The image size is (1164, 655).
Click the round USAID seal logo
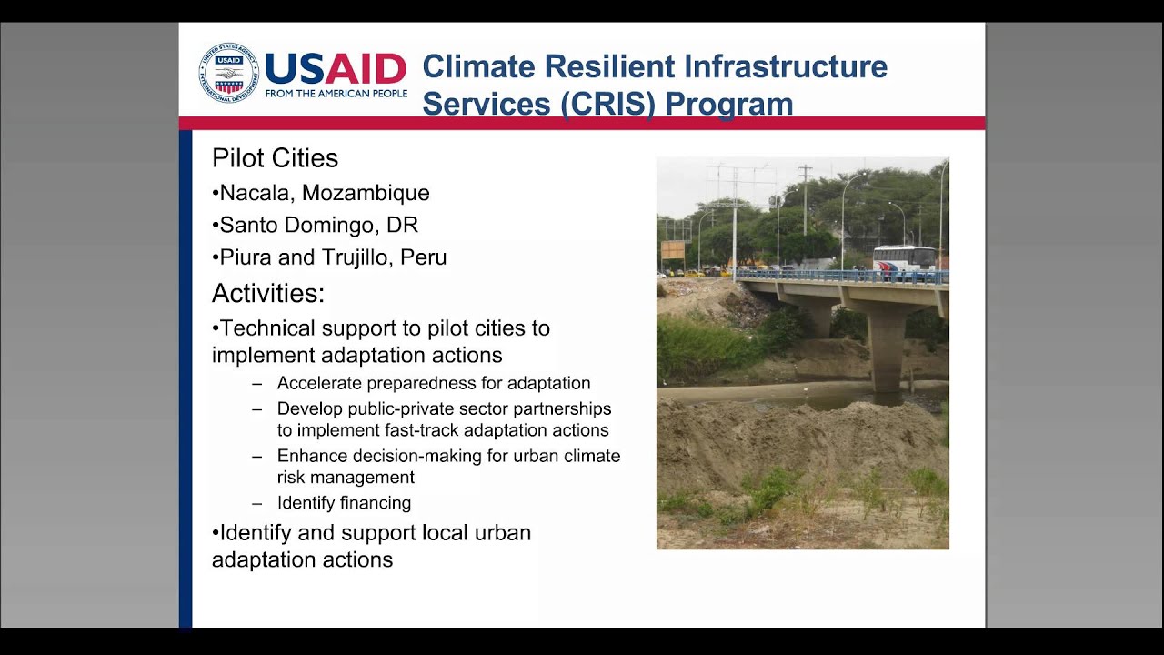(x=229, y=73)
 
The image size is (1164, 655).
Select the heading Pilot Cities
(x=275, y=158)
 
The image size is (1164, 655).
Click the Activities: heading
(x=268, y=294)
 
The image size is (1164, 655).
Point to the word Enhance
(x=309, y=456)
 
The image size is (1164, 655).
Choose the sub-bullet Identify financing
(x=344, y=503)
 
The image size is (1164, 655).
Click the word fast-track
(x=456, y=430)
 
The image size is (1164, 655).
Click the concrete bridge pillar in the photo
(x=886, y=350)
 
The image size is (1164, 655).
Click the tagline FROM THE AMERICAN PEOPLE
(x=336, y=94)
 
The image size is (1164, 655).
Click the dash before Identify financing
(x=257, y=503)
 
